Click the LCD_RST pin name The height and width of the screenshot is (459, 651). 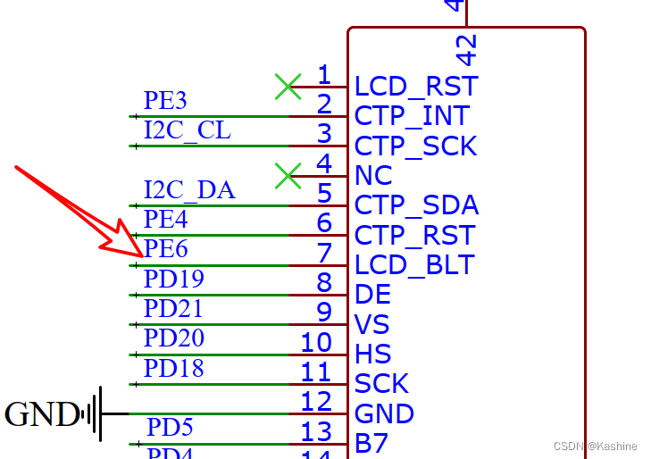[416, 87]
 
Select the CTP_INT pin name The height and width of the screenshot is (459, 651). [412, 116]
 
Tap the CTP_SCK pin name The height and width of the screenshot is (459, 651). [415, 146]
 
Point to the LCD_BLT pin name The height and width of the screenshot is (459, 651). [414, 265]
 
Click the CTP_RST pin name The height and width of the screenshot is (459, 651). [415, 236]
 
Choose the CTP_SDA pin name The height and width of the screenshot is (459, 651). [416, 205]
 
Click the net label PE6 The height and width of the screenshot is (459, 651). [166, 248]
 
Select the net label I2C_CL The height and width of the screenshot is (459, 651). [188, 130]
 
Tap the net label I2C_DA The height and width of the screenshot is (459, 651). [189, 189]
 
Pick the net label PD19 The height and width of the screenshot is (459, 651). [173, 279]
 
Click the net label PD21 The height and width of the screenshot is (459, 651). [173, 309]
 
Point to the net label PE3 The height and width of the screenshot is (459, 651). [165, 100]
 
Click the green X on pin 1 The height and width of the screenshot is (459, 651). [288, 87]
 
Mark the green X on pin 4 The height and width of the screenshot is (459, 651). [288, 176]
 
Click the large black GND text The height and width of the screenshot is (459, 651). [41, 414]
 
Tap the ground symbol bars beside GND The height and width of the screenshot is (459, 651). [95, 414]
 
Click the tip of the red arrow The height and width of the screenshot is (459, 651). [142, 256]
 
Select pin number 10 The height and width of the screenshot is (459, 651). [316, 342]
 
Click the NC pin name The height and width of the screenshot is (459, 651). [374, 176]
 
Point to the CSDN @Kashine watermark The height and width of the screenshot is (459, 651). [596, 446]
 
